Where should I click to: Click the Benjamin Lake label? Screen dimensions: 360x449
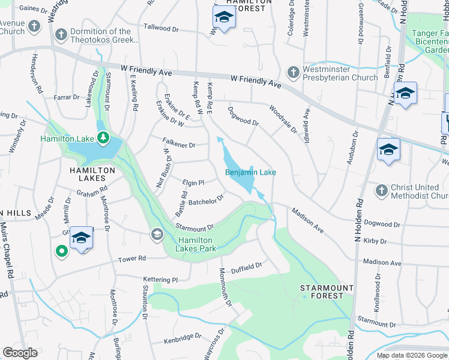tap(250, 173)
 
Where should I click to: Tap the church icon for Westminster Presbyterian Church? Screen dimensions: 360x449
tap(294, 73)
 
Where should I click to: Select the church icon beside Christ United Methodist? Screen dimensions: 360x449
tap(381, 191)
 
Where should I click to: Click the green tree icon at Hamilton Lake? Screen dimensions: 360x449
tap(103, 139)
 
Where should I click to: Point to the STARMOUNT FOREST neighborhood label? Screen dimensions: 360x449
tap(327, 292)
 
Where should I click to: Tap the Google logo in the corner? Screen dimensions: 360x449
tap(20, 353)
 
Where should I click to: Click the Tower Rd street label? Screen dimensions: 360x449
tap(132, 259)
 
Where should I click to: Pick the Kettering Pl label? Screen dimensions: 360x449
tap(161, 280)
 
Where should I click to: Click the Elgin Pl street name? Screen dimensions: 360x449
tap(194, 182)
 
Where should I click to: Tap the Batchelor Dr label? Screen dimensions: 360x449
tap(206, 200)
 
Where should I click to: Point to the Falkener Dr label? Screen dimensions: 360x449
tap(179, 145)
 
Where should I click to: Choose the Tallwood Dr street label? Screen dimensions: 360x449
tap(161, 28)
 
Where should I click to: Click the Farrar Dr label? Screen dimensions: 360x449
tap(66, 97)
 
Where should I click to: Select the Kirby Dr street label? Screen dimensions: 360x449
tap(375, 241)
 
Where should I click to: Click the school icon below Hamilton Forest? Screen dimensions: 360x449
tap(224, 17)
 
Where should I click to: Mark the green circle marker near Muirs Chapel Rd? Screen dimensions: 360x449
tap(61, 251)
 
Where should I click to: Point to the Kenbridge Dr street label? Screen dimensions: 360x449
tap(182, 339)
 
